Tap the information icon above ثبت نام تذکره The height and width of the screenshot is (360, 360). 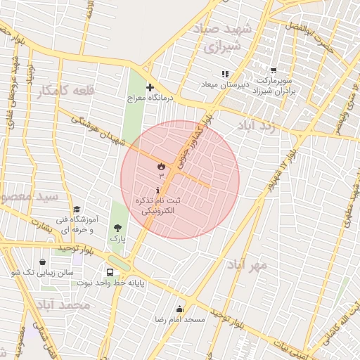pyautogui.click(x=157, y=191)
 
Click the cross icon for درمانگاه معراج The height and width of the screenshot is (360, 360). pyautogui.click(x=149, y=87)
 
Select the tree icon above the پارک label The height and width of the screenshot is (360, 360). pyautogui.click(x=117, y=227)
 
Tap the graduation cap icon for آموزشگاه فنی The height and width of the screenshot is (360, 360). pyautogui.click(x=77, y=209)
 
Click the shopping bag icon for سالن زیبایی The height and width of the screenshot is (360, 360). pyautogui.click(x=43, y=262)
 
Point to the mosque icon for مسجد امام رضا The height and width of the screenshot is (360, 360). pyautogui.click(x=179, y=309)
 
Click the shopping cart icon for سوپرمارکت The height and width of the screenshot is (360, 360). pyautogui.click(x=273, y=70)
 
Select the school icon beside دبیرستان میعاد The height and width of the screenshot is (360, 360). pyautogui.click(x=225, y=73)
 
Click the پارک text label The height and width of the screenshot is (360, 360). pyautogui.click(x=117, y=238)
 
